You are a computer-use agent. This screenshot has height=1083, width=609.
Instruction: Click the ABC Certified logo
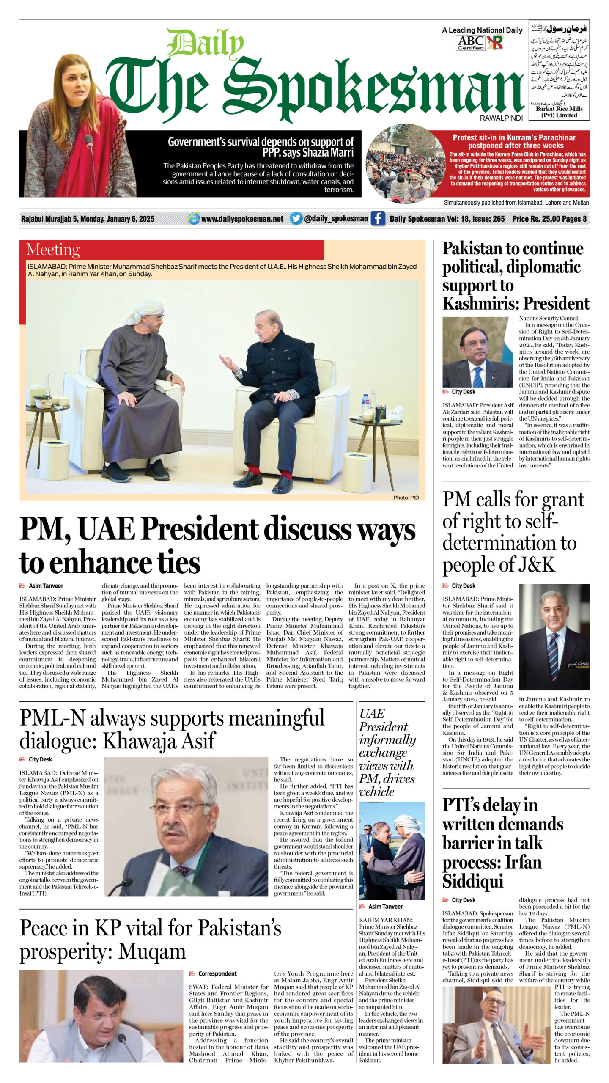pos(471,43)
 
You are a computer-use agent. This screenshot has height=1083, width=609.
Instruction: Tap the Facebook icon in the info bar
pos(378,219)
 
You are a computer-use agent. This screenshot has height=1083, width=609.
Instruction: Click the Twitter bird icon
pos(296,218)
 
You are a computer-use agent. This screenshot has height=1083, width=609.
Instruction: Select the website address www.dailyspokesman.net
pos(242,219)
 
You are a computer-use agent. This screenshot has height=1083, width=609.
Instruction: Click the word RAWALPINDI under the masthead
pos(501,118)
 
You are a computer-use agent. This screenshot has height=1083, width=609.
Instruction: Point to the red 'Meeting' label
pos(53,250)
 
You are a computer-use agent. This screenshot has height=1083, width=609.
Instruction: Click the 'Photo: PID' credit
pos(406,498)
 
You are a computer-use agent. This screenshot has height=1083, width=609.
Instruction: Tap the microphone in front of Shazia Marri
pos(89,142)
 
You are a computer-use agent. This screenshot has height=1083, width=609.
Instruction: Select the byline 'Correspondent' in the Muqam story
pos(217,973)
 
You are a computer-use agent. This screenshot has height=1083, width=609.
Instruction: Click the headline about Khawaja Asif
pos(172,728)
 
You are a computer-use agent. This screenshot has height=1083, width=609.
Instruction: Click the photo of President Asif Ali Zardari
pos(477,352)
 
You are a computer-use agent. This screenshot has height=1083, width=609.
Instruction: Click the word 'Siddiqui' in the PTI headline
pos(473,881)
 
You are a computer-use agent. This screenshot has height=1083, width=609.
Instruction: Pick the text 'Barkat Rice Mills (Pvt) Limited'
pos(559,112)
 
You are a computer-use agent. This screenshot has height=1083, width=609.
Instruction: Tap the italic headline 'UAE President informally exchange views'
pos(387,752)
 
